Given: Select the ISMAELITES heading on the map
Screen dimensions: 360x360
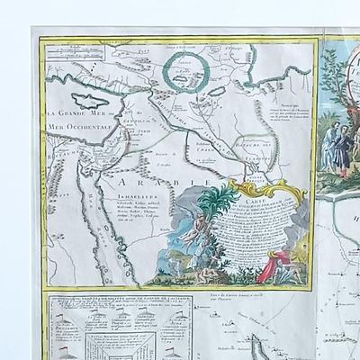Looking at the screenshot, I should pos(89,205).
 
